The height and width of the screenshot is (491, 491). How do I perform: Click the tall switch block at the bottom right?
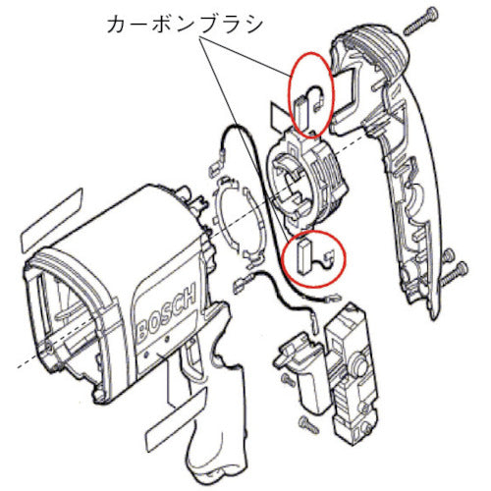pyautogui.click(x=353, y=374)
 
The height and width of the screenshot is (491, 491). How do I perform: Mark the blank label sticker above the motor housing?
pyautogui.click(x=49, y=222)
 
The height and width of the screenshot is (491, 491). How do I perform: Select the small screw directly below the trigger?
pyautogui.click(x=303, y=423)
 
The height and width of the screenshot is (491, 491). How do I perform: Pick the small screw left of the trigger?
pyautogui.click(x=286, y=377)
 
